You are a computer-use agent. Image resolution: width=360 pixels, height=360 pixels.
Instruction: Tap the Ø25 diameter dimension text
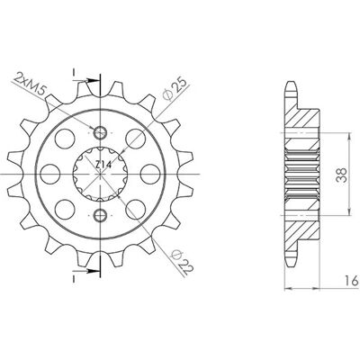(175, 88)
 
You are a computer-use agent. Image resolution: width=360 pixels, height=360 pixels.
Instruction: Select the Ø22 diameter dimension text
(182, 262)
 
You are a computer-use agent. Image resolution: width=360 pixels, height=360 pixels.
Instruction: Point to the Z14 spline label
(103, 165)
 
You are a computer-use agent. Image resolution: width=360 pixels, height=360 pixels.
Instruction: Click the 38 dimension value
(342, 175)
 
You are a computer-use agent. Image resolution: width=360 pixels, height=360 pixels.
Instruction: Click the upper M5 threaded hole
(100, 132)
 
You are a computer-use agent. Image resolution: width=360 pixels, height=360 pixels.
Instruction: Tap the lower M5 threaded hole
(100, 215)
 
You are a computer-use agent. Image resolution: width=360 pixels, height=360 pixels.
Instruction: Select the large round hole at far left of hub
(50, 174)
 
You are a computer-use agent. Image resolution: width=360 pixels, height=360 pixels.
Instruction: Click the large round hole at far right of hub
(150, 174)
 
